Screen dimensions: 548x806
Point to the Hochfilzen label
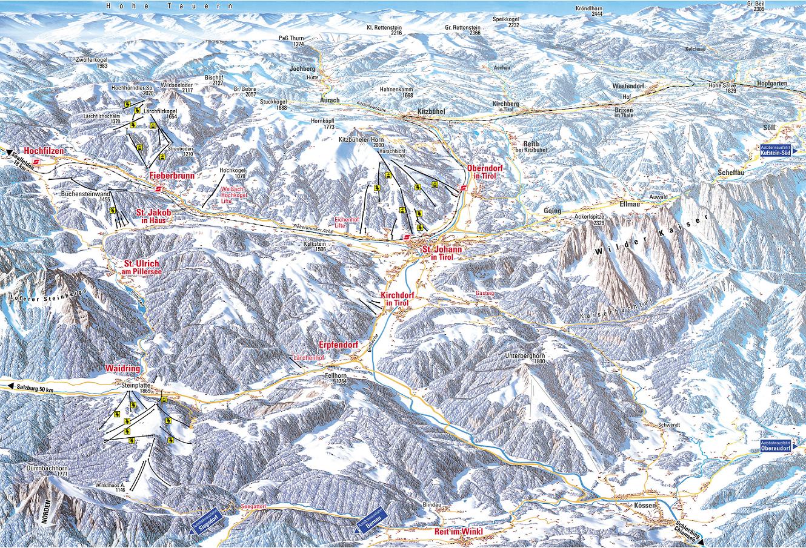[44, 150]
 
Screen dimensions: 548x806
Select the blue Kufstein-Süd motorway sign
[774, 151]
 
